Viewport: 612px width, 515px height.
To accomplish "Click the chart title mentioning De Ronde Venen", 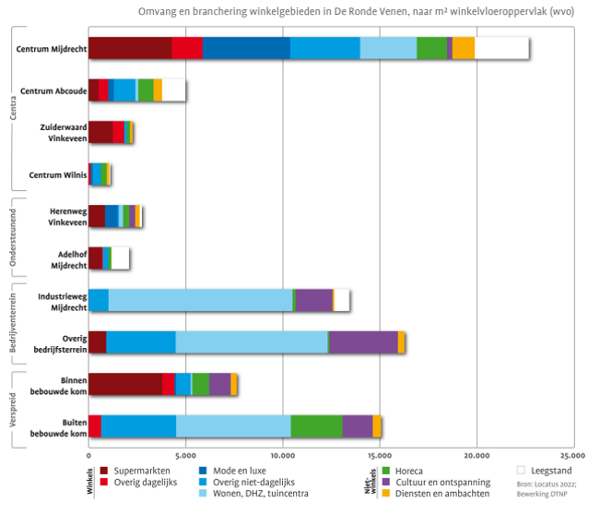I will [360, 11].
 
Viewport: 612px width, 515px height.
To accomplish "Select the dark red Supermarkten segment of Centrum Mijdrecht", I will [130, 48].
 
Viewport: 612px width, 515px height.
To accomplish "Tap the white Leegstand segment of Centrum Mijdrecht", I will [501, 48].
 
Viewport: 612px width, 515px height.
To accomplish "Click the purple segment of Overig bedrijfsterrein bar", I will [363, 341].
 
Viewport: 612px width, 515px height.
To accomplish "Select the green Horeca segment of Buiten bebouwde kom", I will [316, 425].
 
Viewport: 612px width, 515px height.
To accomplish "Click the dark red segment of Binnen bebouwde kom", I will [125, 384].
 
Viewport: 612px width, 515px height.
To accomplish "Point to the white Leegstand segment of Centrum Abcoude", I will [174, 90].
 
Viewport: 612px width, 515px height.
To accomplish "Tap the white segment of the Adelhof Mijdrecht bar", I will [120, 257].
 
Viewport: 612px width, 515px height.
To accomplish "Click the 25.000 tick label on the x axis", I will [572, 455].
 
